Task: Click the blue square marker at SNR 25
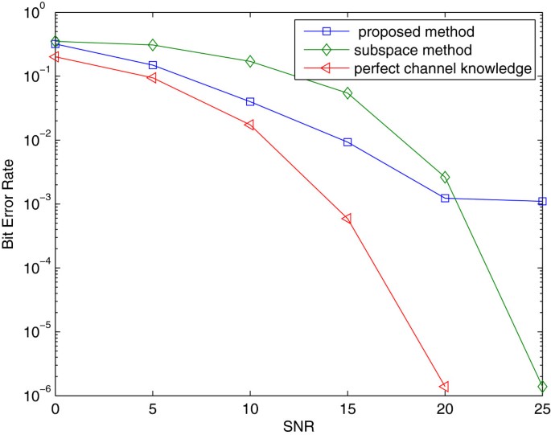pos(542,201)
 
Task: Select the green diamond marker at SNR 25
pos(542,387)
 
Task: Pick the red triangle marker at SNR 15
pos(347,219)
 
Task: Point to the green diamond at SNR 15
pos(347,93)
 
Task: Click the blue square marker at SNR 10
pos(250,102)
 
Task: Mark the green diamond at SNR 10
pos(250,61)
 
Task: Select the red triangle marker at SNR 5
pos(153,78)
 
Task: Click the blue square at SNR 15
pos(347,142)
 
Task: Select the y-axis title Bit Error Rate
pos(9,206)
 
